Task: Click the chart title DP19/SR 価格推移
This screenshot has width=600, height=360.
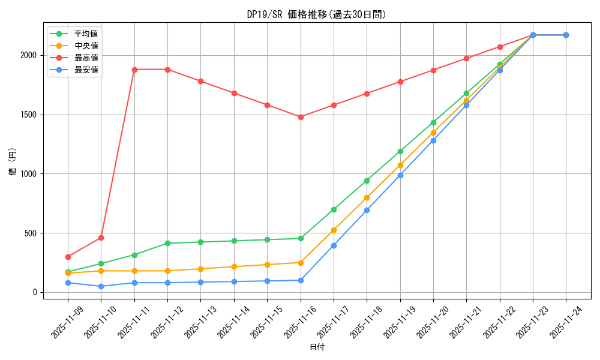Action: coord(316,14)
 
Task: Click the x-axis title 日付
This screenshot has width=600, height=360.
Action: coord(317,347)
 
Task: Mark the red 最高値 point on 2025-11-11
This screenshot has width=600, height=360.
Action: coord(134,70)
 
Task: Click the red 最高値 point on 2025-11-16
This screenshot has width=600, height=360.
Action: coord(301,117)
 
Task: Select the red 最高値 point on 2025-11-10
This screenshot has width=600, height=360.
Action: coord(101,238)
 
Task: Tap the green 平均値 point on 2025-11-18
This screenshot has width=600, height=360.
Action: coord(367,181)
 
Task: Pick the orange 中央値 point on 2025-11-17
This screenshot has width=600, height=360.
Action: coord(334,230)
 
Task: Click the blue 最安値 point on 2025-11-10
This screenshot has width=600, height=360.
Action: coord(101,286)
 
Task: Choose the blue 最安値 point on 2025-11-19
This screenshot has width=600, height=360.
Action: coord(400,175)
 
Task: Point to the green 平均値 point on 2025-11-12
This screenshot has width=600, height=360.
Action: coord(167,243)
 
